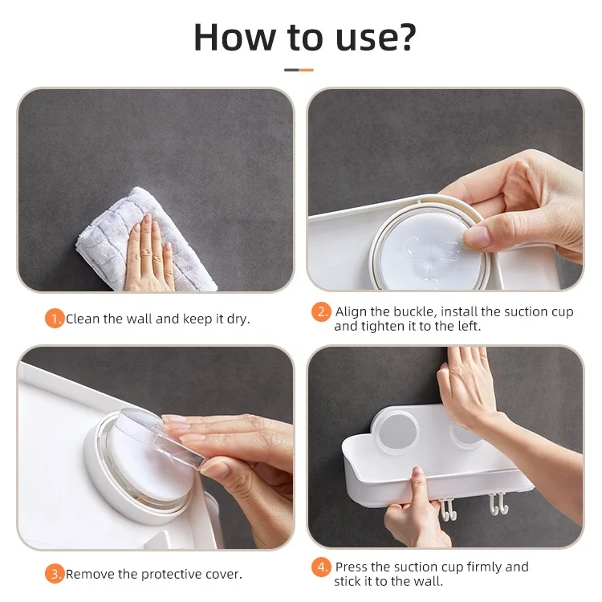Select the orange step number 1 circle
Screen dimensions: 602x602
coord(54,319)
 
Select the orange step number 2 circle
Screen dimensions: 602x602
coord(321,311)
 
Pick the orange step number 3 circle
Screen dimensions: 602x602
coord(54,574)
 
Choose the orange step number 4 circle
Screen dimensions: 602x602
coord(321,567)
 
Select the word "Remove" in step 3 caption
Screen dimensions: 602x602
coord(89,574)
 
